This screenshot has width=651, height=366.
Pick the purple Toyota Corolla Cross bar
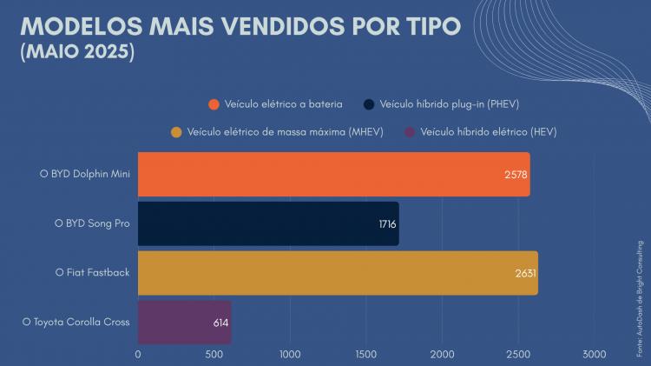click(184, 322)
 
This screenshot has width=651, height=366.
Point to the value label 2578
click(516, 174)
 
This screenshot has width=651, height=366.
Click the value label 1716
click(387, 224)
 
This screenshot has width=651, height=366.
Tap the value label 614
click(220, 323)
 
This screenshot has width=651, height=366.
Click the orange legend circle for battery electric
click(214, 104)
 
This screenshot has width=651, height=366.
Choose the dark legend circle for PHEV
click(369, 104)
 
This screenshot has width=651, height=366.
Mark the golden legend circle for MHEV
click(177, 132)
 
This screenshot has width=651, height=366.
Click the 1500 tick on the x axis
click(366, 355)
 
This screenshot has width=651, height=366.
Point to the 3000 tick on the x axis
click(595, 355)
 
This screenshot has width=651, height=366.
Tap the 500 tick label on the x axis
click(214, 355)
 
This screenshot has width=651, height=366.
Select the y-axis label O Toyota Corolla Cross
click(76, 322)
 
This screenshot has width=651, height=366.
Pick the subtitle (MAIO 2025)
click(77, 52)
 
